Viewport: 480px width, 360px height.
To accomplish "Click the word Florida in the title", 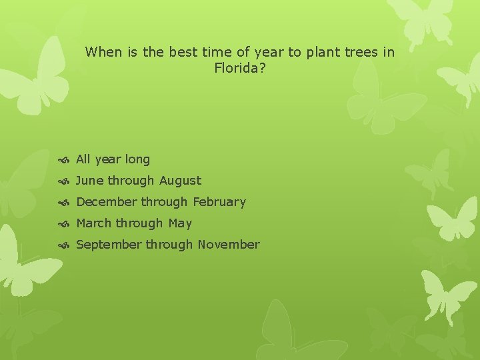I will point(237,68).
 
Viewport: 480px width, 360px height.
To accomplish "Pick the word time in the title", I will point(211,52).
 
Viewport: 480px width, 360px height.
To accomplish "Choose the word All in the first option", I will point(83,159).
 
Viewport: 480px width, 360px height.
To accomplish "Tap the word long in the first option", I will point(137,160).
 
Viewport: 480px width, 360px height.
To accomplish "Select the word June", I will point(90,181).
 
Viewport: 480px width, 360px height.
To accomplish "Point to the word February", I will point(219,202).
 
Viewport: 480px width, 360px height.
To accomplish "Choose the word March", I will point(94,223).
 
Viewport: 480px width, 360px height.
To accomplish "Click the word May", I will point(180,224).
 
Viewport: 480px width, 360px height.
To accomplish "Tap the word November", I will point(228,245).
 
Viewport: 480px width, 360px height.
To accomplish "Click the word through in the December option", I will point(165,202).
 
